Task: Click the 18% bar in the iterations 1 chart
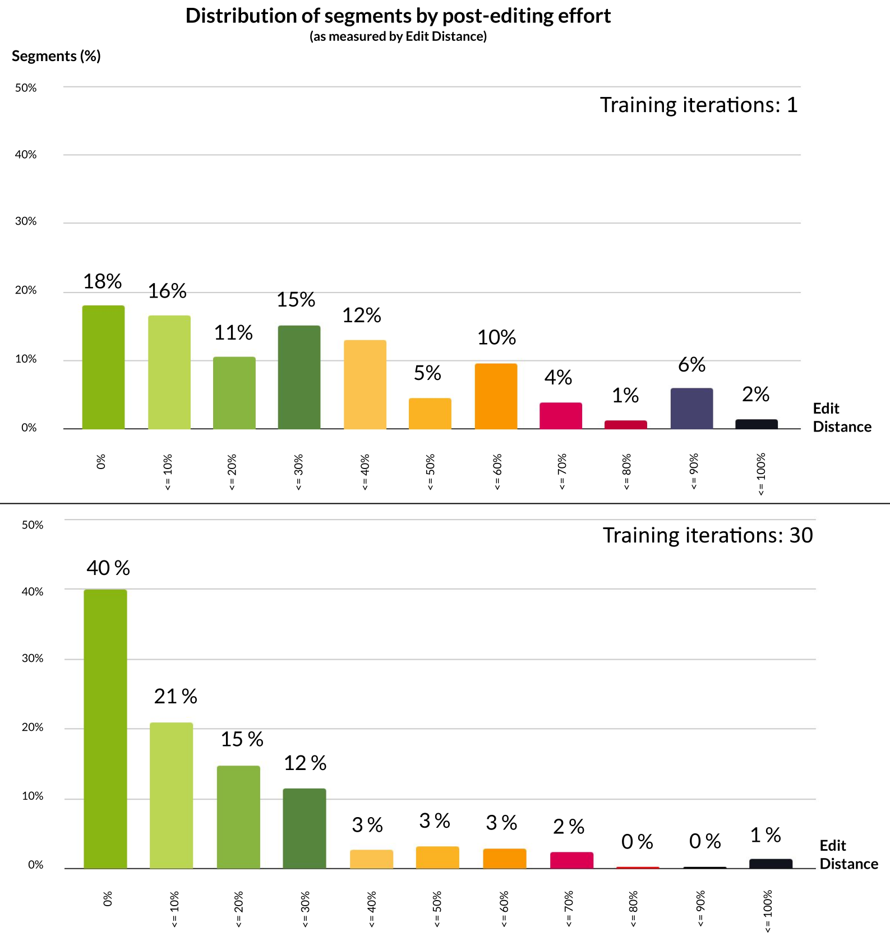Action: tap(103, 367)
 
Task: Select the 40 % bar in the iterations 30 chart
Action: tap(105, 729)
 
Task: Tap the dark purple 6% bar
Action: tap(691, 409)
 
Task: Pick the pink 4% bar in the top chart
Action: tap(561, 416)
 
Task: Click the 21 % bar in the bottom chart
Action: tap(171, 795)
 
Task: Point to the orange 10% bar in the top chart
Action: tap(496, 396)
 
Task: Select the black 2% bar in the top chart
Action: tap(757, 424)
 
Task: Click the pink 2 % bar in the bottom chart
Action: tap(571, 860)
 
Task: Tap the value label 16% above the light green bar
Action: tap(167, 291)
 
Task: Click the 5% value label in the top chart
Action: tap(427, 373)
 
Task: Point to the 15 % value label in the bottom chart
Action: tap(242, 739)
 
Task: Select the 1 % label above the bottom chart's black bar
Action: tap(766, 836)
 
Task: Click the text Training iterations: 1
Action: tap(698, 105)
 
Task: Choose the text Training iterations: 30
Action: tap(707, 536)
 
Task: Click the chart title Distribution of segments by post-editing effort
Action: tap(398, 16)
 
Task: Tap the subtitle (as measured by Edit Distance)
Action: tap(398, 36)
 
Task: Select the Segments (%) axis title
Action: tap(56, 56)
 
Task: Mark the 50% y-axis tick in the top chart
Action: tap(26, 88)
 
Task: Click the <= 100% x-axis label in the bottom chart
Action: tap(768, 911)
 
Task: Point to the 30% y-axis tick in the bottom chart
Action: tap(33, 659)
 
